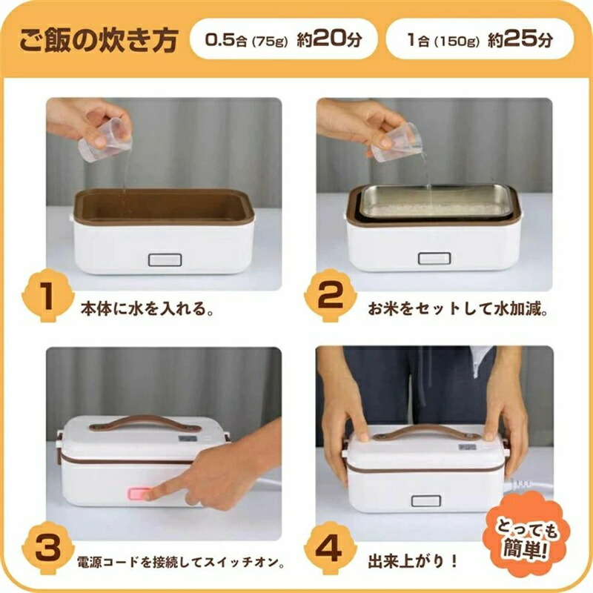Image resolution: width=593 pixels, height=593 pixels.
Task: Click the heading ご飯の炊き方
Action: (x=99, y=39)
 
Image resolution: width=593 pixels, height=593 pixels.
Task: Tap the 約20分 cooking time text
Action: (x=329, y=39)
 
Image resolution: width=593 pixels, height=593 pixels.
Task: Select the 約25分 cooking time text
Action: (x=520, y=39)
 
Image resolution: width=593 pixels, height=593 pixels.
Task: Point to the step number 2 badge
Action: (x=330, y=295)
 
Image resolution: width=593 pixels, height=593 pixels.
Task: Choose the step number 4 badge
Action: (x=330, y=548)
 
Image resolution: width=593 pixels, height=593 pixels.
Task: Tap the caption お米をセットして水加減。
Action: (x=458, y=308)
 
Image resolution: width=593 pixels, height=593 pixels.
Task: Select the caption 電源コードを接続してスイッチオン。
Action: (x=181, y=563)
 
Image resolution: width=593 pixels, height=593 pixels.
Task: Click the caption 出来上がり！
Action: (x=413, y=561)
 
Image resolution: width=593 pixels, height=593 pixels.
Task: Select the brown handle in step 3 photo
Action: (x=145, y=423)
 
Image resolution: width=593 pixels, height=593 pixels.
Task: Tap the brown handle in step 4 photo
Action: (x=427, y=433)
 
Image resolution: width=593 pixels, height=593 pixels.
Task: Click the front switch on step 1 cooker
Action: (x=165, y=260)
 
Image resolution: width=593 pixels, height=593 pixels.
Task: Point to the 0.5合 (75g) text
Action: (x=247, y=40)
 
